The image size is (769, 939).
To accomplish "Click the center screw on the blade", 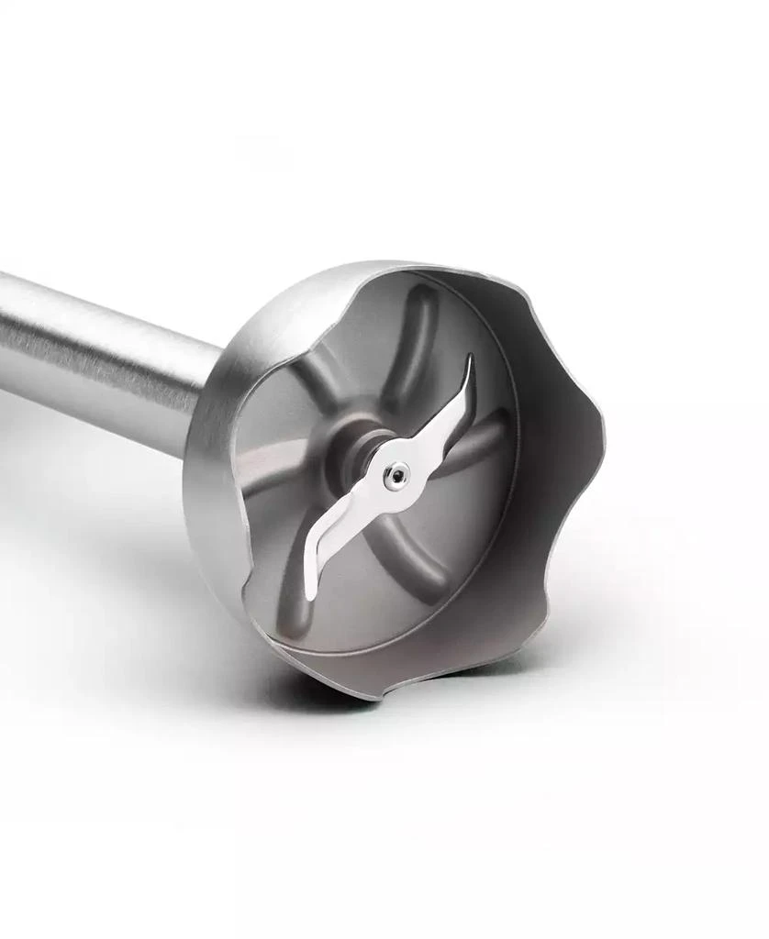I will [393, 473].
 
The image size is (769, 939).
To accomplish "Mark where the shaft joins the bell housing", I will [204, 394].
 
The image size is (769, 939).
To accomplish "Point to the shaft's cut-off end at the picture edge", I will [5, 330].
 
